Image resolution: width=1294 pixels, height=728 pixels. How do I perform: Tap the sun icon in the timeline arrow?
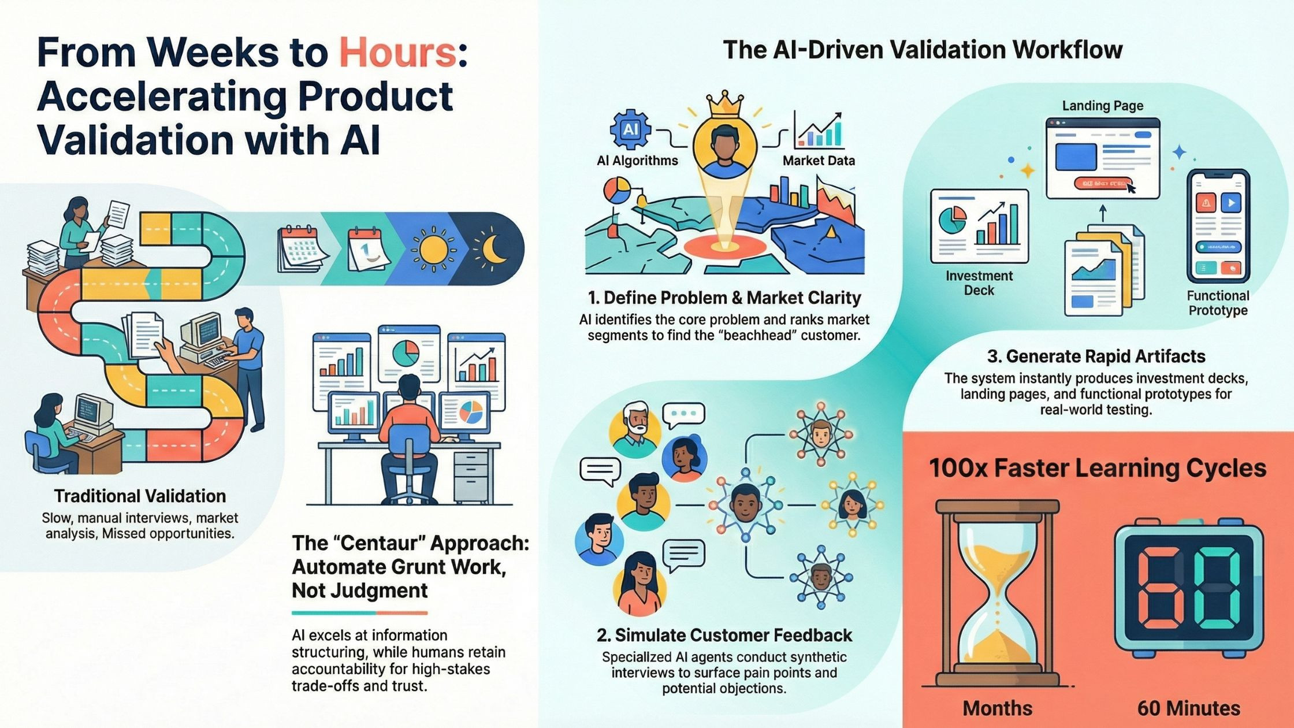point(433,248)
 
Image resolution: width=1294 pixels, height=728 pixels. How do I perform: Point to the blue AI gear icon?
point(630,129)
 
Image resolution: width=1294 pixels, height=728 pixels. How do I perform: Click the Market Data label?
point(819,161)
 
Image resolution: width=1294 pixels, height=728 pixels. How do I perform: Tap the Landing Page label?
point(1103,106)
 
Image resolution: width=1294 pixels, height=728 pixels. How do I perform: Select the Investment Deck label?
point(979,283)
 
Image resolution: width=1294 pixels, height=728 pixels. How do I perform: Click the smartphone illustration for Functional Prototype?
point(1218,226)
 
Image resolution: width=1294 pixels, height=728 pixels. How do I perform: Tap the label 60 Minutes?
point(1189,708)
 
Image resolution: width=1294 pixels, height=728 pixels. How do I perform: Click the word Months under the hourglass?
point(998,708)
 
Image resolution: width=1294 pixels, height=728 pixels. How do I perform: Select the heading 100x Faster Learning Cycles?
point(1098,468)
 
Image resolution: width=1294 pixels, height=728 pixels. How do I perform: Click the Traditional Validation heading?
point(140,496)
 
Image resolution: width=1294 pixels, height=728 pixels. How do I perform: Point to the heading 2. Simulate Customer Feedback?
point(724,636)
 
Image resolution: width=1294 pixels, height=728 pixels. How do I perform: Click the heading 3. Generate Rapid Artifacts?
point(1096,356)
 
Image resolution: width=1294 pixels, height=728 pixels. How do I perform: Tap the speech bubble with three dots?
point(684,415)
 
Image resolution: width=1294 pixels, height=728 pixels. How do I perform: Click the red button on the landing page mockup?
point(1102,183)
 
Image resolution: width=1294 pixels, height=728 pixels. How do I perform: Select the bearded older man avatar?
point(634,428)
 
